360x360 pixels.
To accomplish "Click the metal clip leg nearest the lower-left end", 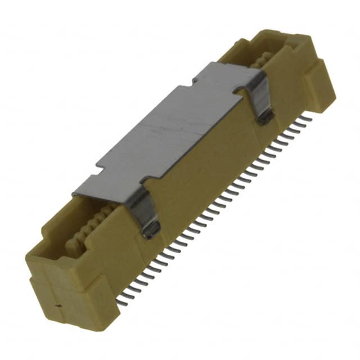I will (x=145, y=211).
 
